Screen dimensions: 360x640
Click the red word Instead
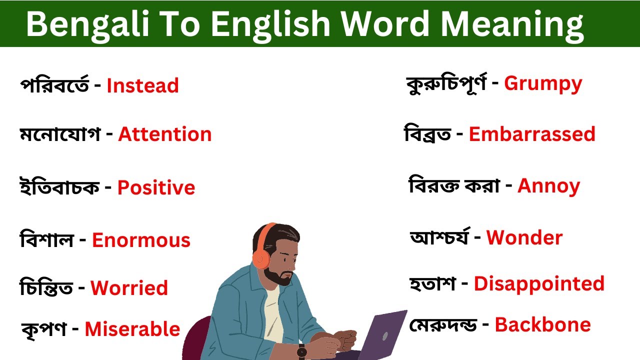[142, 86]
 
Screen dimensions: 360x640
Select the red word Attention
[165, 134]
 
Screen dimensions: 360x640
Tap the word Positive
[156, 188]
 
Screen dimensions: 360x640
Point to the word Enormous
[141, 240]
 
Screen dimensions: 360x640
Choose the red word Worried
[129, 288]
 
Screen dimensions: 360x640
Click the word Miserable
[132, 329]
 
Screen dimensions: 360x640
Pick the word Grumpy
[543, 84]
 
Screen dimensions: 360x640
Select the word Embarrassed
[532, 134]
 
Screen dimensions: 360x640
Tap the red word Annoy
[548, 186]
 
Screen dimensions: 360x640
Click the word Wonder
[524, 238]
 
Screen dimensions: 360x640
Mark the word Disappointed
[539, 284]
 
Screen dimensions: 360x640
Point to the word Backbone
[542, 325]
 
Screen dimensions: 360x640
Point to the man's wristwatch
[301, 351]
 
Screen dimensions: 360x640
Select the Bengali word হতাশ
[432, 284]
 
